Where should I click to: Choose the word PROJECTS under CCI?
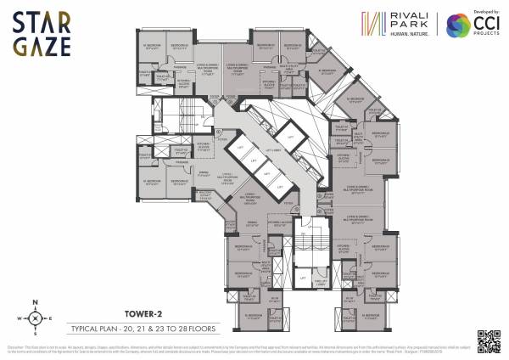485,35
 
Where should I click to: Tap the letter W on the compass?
15,319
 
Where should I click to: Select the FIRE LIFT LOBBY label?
322,281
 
